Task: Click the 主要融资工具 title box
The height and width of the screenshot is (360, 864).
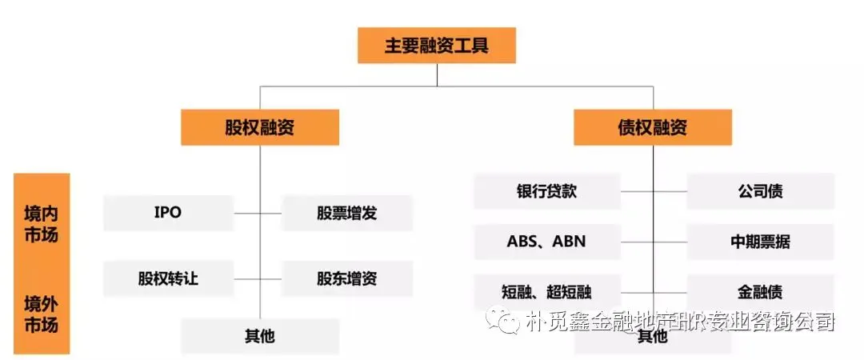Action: coord(436,46)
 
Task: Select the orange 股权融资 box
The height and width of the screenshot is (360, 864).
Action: coord(259,128)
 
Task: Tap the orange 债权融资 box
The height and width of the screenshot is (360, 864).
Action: coord(652,128)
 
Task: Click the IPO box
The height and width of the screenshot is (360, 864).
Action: coord(168,213)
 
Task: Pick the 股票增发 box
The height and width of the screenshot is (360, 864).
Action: coord(347,213)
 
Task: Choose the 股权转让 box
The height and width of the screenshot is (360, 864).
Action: coord(168,279)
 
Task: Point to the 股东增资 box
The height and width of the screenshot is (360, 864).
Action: coord(347,279)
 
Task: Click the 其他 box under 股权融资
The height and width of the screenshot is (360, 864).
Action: coord(259,336)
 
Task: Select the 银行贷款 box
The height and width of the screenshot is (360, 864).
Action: coord(546,191)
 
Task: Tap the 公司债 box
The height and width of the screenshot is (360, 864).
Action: coord(760,191)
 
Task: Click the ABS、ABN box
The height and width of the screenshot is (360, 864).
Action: coord(546,241)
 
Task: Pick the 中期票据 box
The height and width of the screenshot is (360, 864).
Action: coord(760,241)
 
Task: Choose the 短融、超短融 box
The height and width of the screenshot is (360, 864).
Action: coord(546,291)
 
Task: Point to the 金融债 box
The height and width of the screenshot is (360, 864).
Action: coord(760,291)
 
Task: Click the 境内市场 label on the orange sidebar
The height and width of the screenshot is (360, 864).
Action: coord(41,225)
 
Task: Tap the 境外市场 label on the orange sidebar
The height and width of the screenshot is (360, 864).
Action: coord(41,314)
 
